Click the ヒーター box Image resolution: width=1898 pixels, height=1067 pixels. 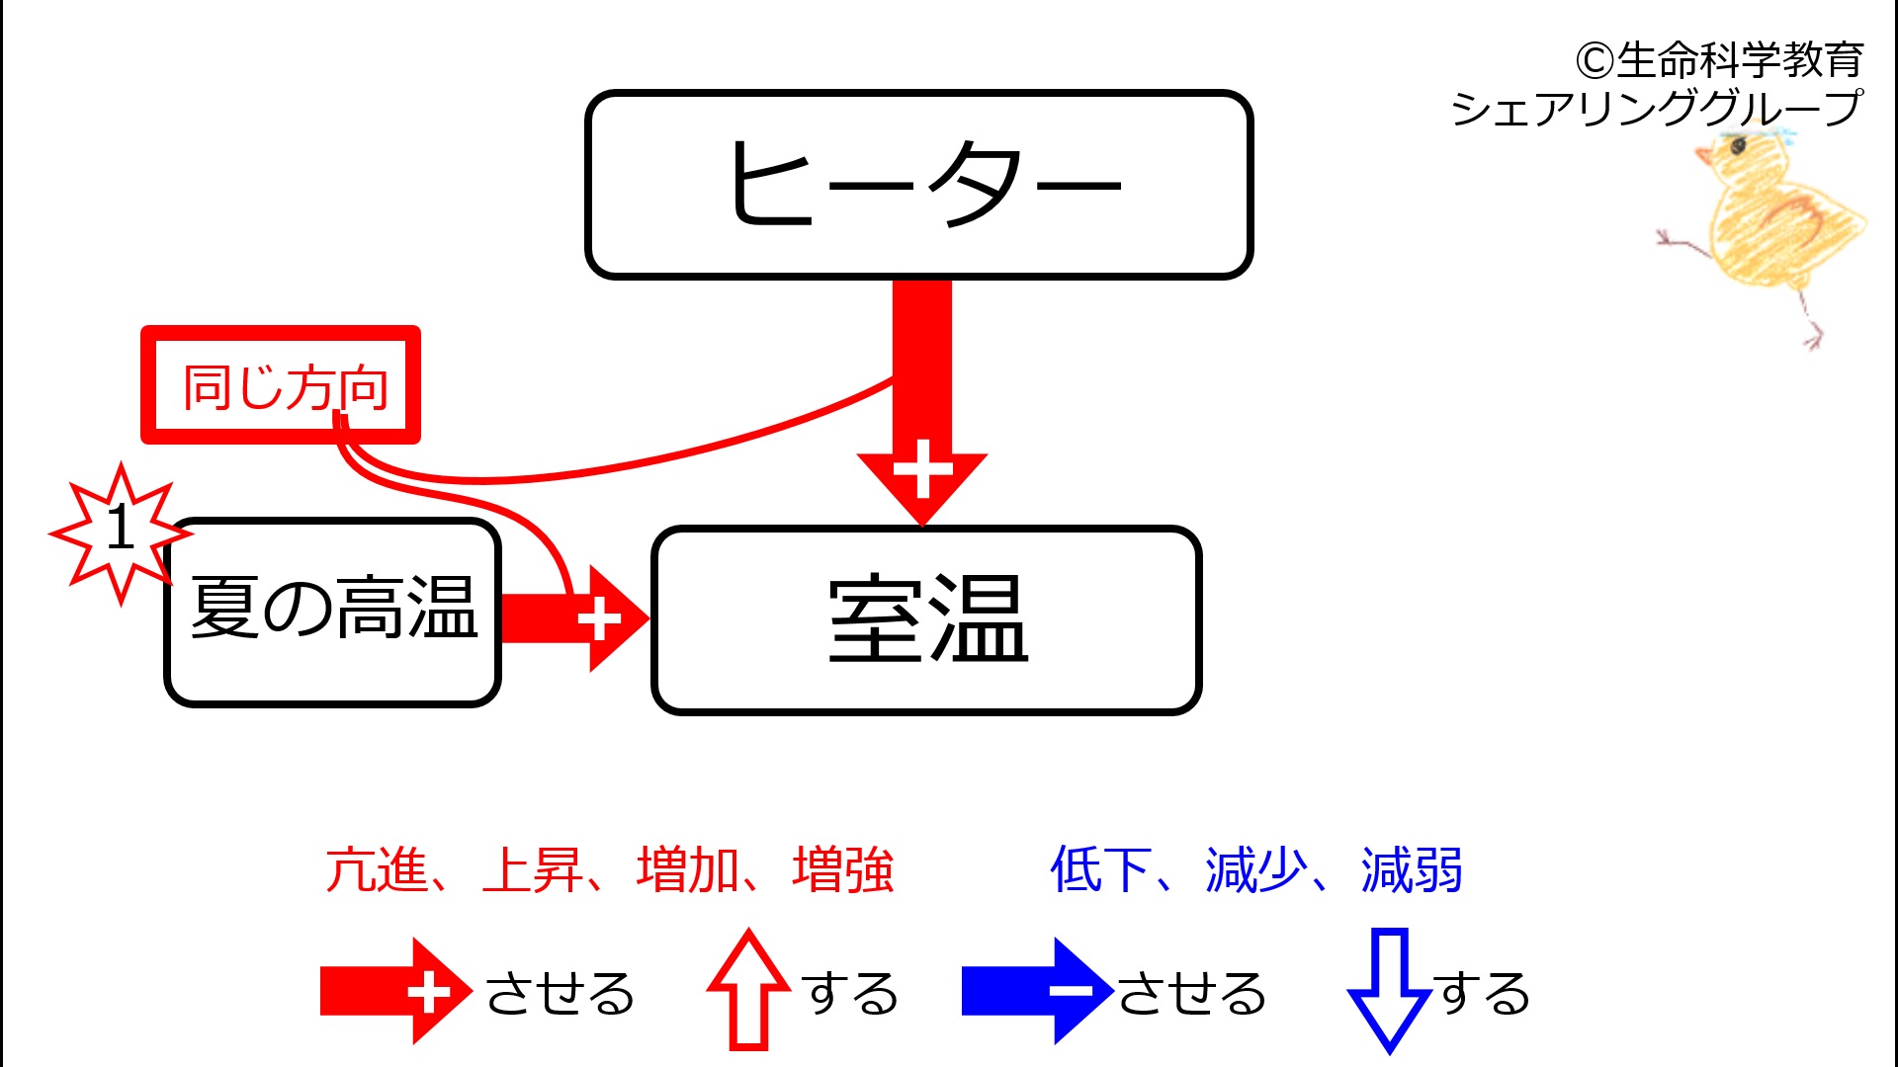point(919,185)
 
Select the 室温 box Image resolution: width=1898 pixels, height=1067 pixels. point(926,620)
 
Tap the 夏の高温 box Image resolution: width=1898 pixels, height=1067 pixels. point(333,613)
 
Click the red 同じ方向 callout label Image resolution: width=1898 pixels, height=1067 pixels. point(281,385)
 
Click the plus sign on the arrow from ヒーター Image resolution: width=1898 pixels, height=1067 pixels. point(922,469)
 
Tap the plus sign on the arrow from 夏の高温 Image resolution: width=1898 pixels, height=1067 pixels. point(599,619)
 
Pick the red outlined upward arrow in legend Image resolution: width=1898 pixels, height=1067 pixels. point(748,989)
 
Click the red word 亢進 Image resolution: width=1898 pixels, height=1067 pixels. point(377,870)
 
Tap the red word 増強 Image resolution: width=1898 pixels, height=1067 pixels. point(843,870)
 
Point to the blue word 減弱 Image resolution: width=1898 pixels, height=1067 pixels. point(1412,870)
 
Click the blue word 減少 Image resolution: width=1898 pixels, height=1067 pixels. point(1256,870)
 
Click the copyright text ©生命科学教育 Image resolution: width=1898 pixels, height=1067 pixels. point(1719,60)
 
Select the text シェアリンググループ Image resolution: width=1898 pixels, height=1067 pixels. point(1657,108)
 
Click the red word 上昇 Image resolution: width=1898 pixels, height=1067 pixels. point(533,870)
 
